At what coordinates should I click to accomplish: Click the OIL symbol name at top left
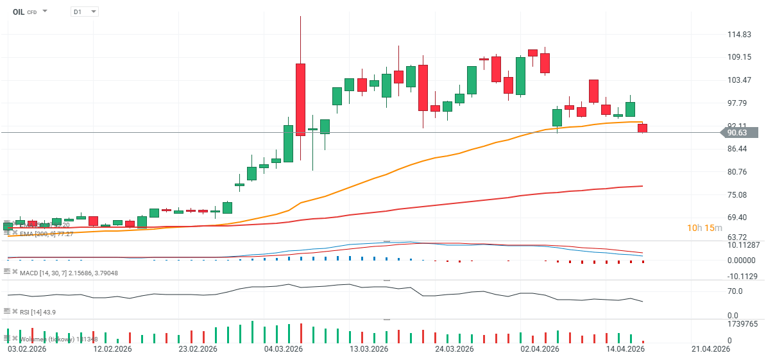[x=19, y=12]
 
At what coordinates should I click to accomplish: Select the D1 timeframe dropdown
[x=84, y=12]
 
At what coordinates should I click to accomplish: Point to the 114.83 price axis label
[x=739, y=35]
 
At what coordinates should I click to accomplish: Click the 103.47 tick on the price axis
[x=739, y=80]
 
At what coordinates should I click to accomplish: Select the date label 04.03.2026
[x=284, y=350]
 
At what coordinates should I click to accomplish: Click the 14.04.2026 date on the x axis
[x=626, y=350]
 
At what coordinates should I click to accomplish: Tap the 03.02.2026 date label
[x=26, y=350]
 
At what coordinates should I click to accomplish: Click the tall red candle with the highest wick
[x=300, y=99]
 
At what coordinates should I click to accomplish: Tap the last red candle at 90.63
[x=642, y=128]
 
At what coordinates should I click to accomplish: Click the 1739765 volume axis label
[x=743, y=325]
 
